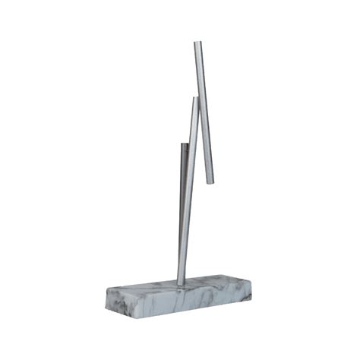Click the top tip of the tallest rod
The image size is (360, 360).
click(x=197, y=43)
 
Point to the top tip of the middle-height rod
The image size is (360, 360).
click(x=195, y=99)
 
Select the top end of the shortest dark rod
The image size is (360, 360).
click(x=183, y=144)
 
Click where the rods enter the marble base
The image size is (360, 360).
click(x=181, y=283)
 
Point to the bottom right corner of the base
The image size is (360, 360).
click(x=251, y=299)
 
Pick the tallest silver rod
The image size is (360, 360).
click(x=204, y=114)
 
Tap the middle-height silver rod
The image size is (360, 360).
click(x=188, y=190)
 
